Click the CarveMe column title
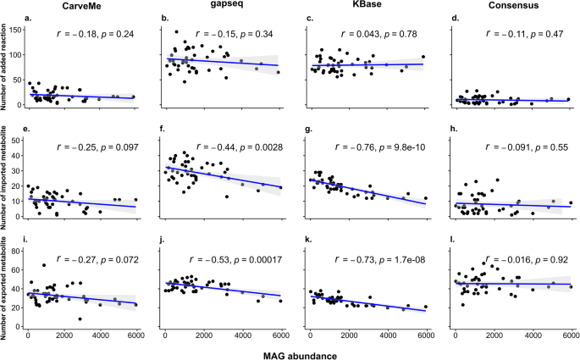(80, 7)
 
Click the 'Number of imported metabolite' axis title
(7, 179)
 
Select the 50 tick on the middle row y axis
(19, 136)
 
